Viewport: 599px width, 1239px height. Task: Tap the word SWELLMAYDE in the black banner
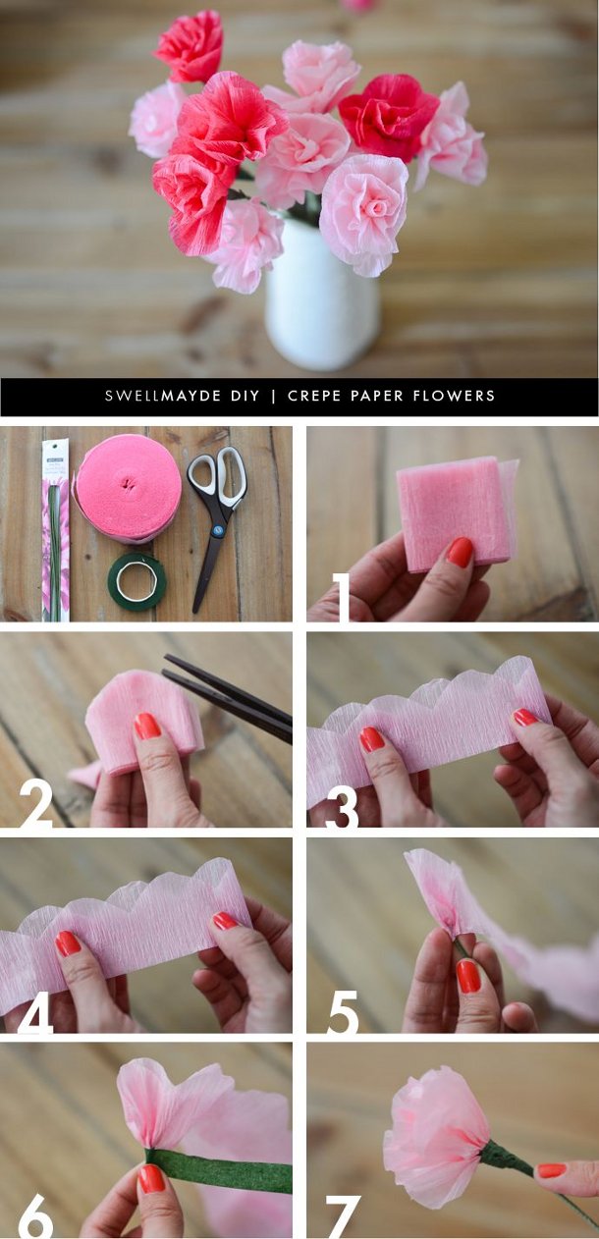point(169,397)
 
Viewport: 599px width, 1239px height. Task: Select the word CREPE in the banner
point(314,397)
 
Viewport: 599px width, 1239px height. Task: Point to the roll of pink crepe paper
point(128,488)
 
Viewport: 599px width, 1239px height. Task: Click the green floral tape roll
point(136,581)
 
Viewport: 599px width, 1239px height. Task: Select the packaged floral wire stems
point(55,530)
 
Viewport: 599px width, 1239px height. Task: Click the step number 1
point(340,598)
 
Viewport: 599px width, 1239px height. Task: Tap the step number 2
point(37,803)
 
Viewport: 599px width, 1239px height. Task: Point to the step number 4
point(35,1011)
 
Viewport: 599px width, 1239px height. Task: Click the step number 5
point(342,1011)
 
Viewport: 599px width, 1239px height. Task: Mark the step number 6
point(35,1216)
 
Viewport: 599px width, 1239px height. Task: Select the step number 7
point(343,1216)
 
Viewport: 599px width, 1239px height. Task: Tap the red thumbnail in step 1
point(460,552)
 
